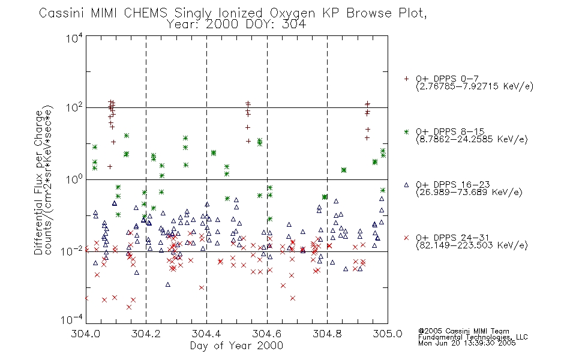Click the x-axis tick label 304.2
(x=146, y=334)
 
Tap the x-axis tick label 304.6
(x=267, y=334)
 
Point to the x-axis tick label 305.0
(x=388, y=334)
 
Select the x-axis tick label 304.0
(x=85, y=334)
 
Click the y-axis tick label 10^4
(x=74, y=38)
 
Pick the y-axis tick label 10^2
(x=74, y=108)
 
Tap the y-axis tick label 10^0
(x=74, y=179)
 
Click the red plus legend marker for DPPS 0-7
(x=406, y=79)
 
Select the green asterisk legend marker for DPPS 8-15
(x=406, y=131)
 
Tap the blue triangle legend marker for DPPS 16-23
(x=406, y=185)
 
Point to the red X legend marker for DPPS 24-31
(x=406, y=238)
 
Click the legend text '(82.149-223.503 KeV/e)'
(x=472, y=245)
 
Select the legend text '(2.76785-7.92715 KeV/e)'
(x=475, y=86)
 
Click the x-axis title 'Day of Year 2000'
(x=236, y=346)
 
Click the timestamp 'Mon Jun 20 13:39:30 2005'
(x=467, y=343)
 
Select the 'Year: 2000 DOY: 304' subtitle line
(x=236, y=25)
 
